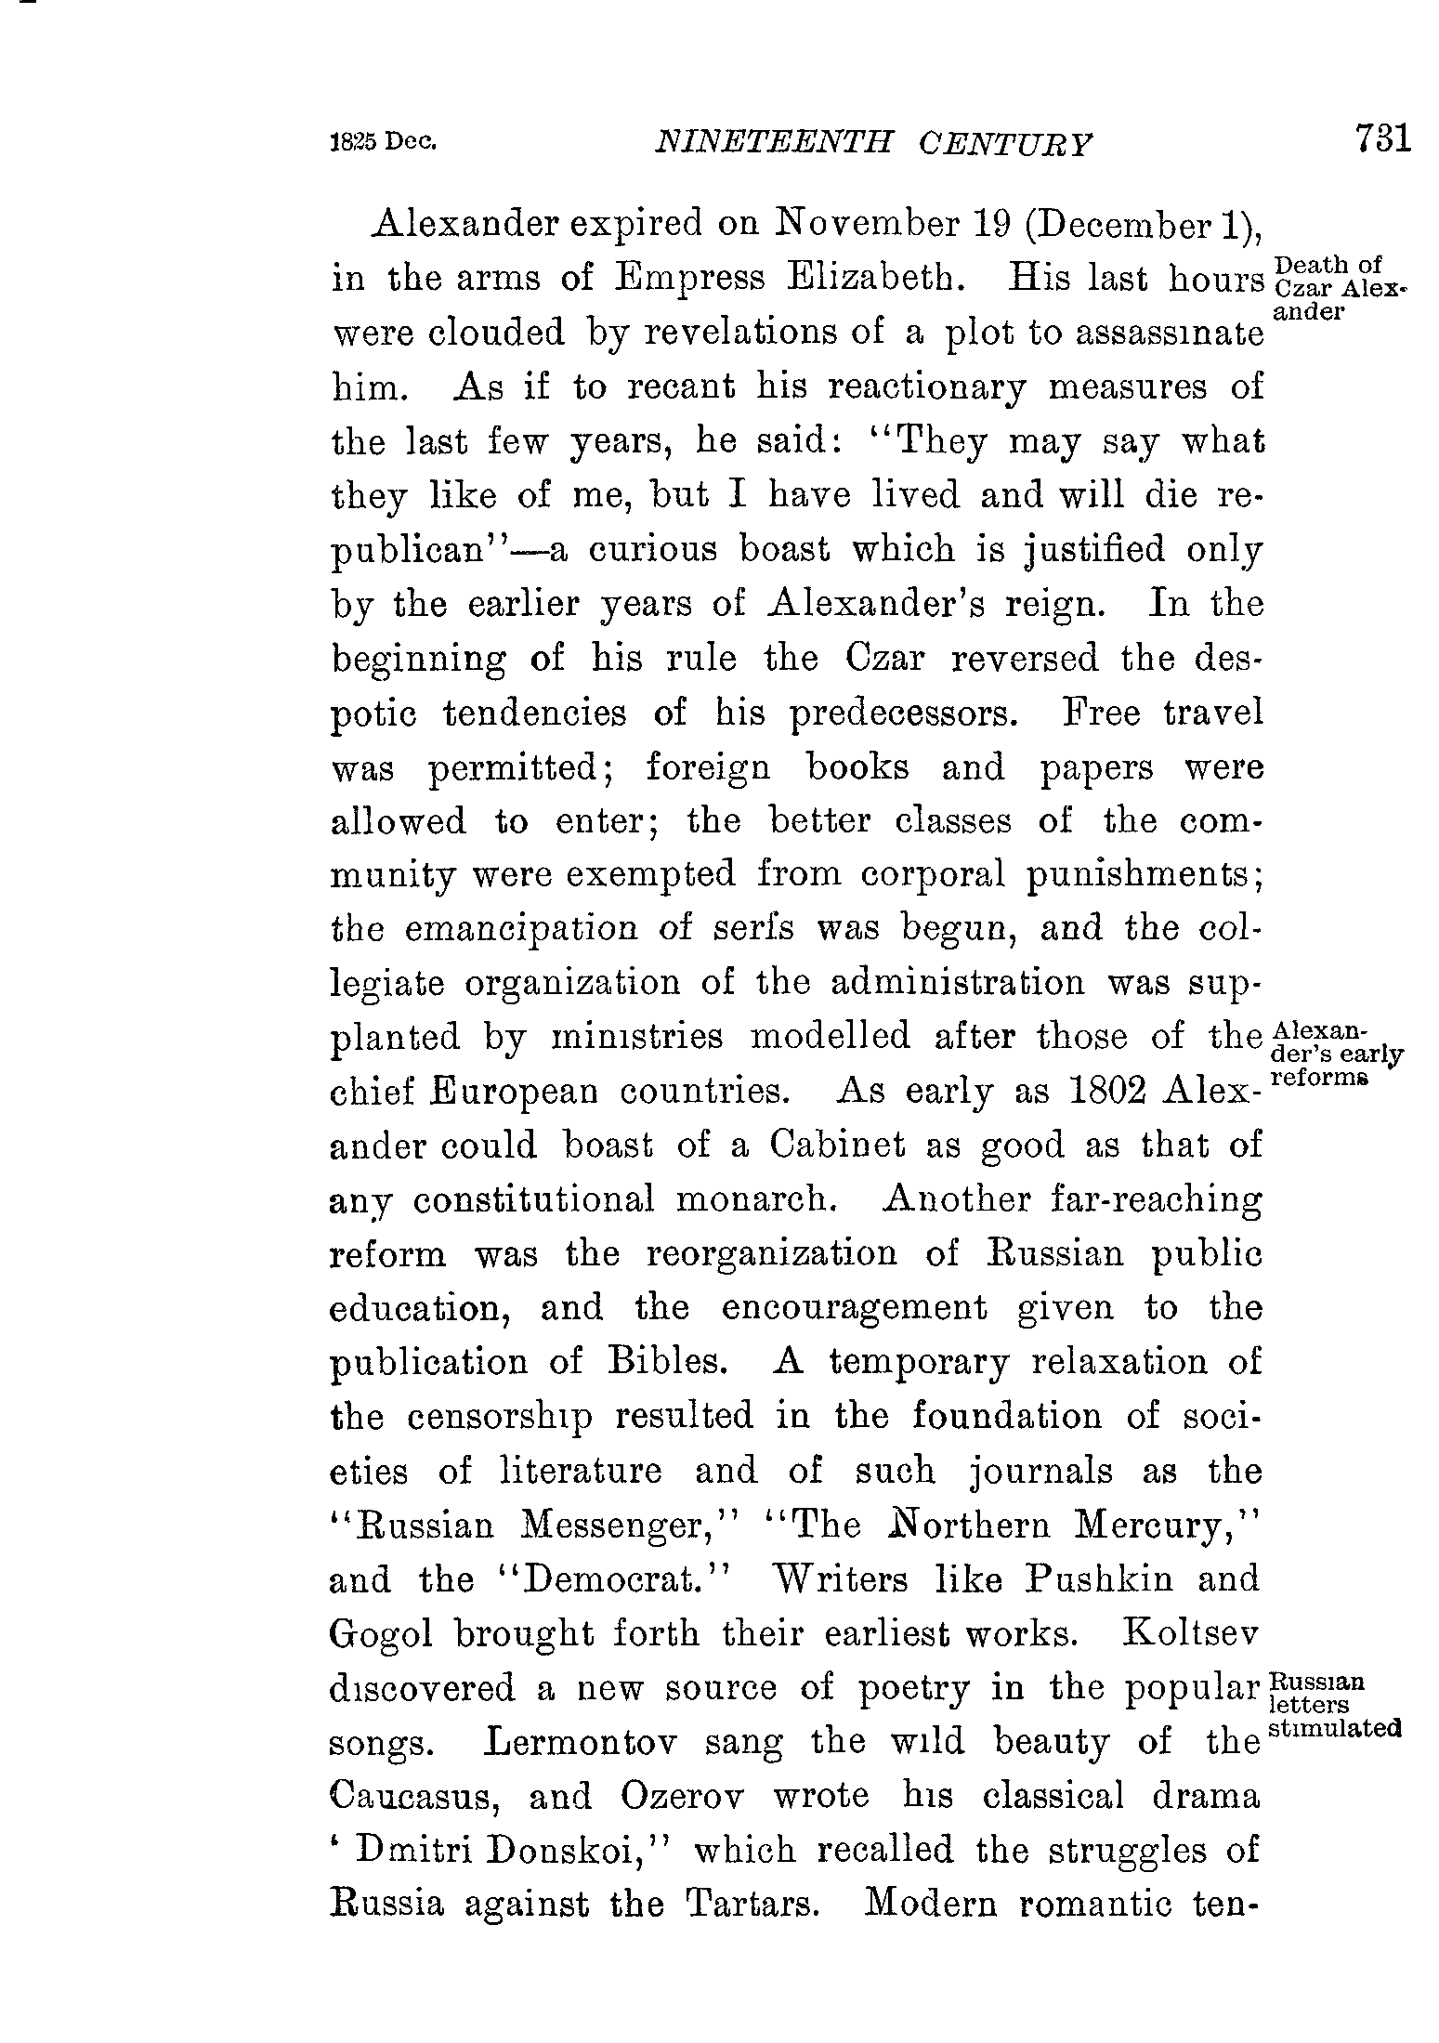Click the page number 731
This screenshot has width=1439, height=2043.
1382,138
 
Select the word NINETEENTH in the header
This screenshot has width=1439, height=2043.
774,142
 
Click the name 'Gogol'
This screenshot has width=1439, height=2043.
381,1634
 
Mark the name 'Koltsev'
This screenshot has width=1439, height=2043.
1192,1633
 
